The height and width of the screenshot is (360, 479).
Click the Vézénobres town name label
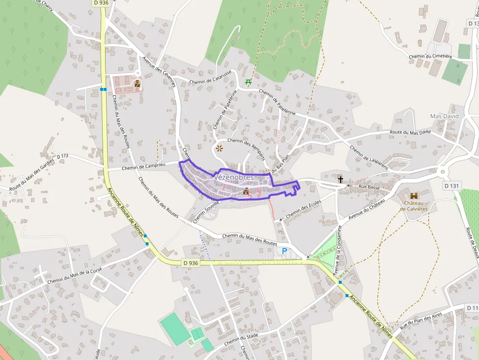(234, 177)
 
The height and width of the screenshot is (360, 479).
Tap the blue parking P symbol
(284, 251)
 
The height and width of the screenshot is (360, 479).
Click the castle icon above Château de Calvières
(414, 196)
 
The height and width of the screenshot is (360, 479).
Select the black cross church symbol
(340, 180)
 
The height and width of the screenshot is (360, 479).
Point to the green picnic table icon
(248, 82)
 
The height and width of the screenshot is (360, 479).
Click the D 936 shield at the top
(100, 3)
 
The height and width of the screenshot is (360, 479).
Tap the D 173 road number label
(63, 156)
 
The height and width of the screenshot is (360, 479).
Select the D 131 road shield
(453, 186)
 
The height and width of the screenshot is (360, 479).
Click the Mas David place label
(444, 116)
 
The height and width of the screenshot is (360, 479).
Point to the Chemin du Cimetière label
(431, 57)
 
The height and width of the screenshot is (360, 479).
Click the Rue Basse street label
(369, 186)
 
